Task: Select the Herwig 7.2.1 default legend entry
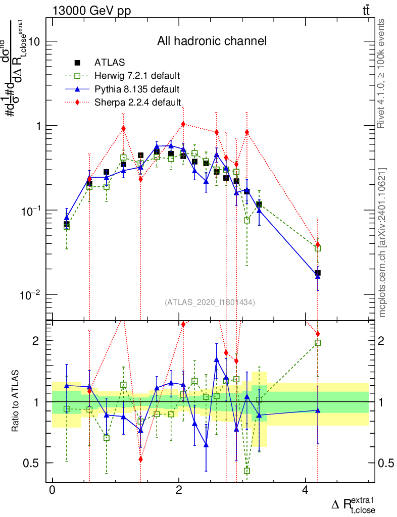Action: click(137, 76)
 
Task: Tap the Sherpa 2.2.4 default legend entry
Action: click(137, 102)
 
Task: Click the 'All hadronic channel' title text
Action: click(212, 41)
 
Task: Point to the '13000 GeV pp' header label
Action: click(91, 11)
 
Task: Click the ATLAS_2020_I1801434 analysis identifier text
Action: click(210, 302)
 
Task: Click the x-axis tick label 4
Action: click(305, 491)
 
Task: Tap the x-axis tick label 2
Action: click(179, 491)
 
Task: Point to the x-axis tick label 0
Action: click(52, 491)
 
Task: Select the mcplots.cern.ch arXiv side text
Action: click(382, 242)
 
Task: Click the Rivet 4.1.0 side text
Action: click(382, 73)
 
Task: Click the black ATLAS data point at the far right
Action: click(318, 273)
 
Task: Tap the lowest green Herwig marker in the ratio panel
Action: click(247, 471)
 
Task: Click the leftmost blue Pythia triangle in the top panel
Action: click(67, 218)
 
